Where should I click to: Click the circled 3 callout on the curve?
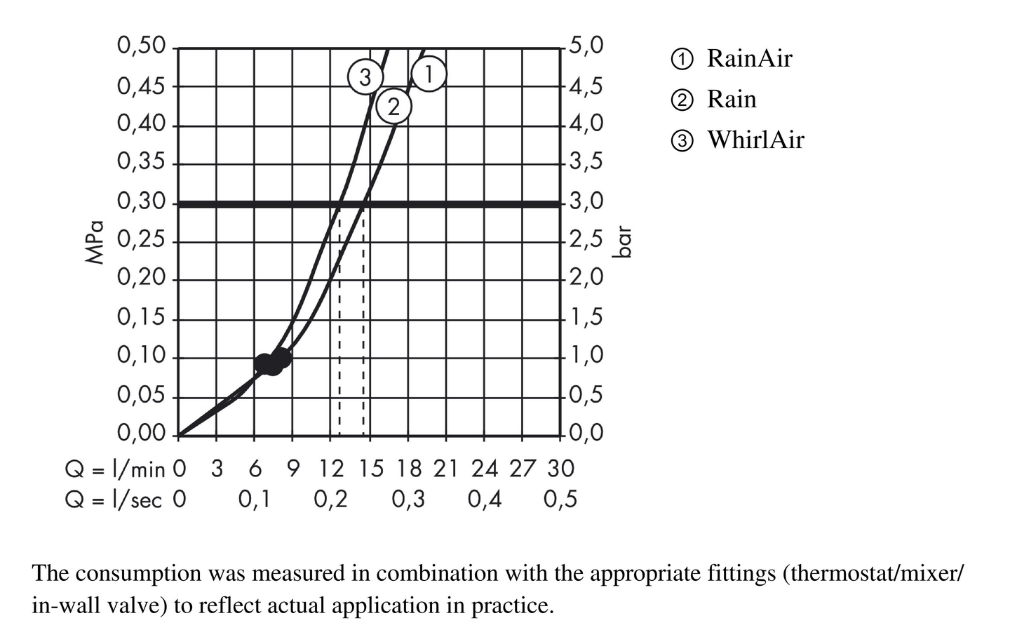pos(365,76)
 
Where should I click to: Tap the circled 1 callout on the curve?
pos(429,74)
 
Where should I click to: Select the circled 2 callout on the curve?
pos(393,107)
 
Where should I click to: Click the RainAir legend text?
pos(749,58)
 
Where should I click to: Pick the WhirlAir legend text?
pos(755,140)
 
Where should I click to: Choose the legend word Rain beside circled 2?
pos(732,99)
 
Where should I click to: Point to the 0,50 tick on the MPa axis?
pos(141,46)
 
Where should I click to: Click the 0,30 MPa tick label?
pos(141,202)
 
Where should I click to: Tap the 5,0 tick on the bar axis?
pos(586,46)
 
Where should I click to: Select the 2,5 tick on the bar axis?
pos(586,241)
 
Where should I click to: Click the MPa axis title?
pos(95,242)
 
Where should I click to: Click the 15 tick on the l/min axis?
pos(371,468)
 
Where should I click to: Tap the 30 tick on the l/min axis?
pos(560,468)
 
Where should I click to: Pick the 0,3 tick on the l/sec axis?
pos(408,499)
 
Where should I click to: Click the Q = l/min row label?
pos(115,468)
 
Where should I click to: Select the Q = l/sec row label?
pos(113,499)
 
